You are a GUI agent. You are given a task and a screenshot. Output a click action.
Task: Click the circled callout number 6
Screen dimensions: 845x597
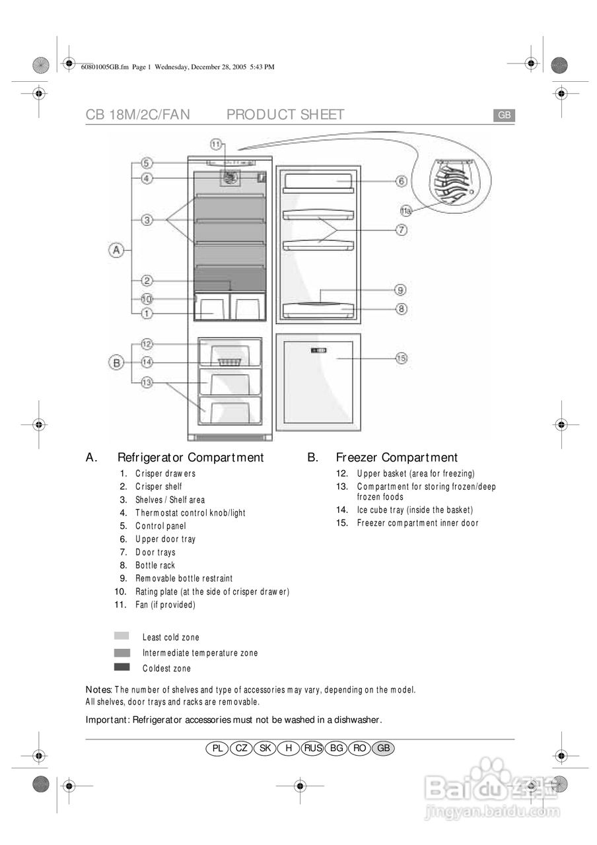pyautogui.click(x=401, y=181)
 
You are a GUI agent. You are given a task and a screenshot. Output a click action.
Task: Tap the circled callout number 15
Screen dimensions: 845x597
pyautogui.click(x=401, y=358)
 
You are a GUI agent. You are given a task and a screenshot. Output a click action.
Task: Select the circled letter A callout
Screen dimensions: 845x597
pyautogui.click(x=116, y=250)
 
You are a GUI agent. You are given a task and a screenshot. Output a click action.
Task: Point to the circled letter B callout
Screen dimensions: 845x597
pyautogui.click(x=116, y=362)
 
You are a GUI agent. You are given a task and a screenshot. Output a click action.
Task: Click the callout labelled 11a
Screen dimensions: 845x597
pyautogui.click(x=406, y=211)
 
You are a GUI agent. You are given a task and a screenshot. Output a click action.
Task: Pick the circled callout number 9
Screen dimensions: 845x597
pyautogui.click(x=401, y=289)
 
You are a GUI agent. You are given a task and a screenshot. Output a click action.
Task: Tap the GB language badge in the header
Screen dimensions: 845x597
pyautogui.click(x=504, y=116)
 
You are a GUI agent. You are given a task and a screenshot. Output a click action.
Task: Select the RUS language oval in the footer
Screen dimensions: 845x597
pyautogui.click(x=312, y=748)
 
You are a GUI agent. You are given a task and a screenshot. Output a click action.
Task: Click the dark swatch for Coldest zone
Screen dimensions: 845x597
pyautogui.click(x=122, y=667)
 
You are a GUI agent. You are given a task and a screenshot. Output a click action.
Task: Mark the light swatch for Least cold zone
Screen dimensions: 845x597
pyautogui.click(x=122, y=636)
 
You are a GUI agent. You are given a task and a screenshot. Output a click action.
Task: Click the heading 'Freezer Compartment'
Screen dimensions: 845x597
pyautogui.click(x=396, y=457)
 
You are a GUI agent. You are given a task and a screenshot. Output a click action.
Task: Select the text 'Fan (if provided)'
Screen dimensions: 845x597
pyautogui.click(x=165, y=605)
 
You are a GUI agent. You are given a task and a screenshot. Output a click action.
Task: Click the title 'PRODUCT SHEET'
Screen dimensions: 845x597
pyautogui.click(x=285, y=115)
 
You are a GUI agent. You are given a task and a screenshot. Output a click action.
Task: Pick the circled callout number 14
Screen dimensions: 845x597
pyautogui.click(x=147, y=362)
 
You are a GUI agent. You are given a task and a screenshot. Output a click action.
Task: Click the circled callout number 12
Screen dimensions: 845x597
pyautogui.click(x=147, y=344)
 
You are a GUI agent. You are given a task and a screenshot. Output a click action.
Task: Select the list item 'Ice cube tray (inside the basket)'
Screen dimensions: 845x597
pyautogui.click(x=415, y=510)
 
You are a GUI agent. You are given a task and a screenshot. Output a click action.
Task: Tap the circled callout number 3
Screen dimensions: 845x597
pyautogui.click(x=147, y=219)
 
